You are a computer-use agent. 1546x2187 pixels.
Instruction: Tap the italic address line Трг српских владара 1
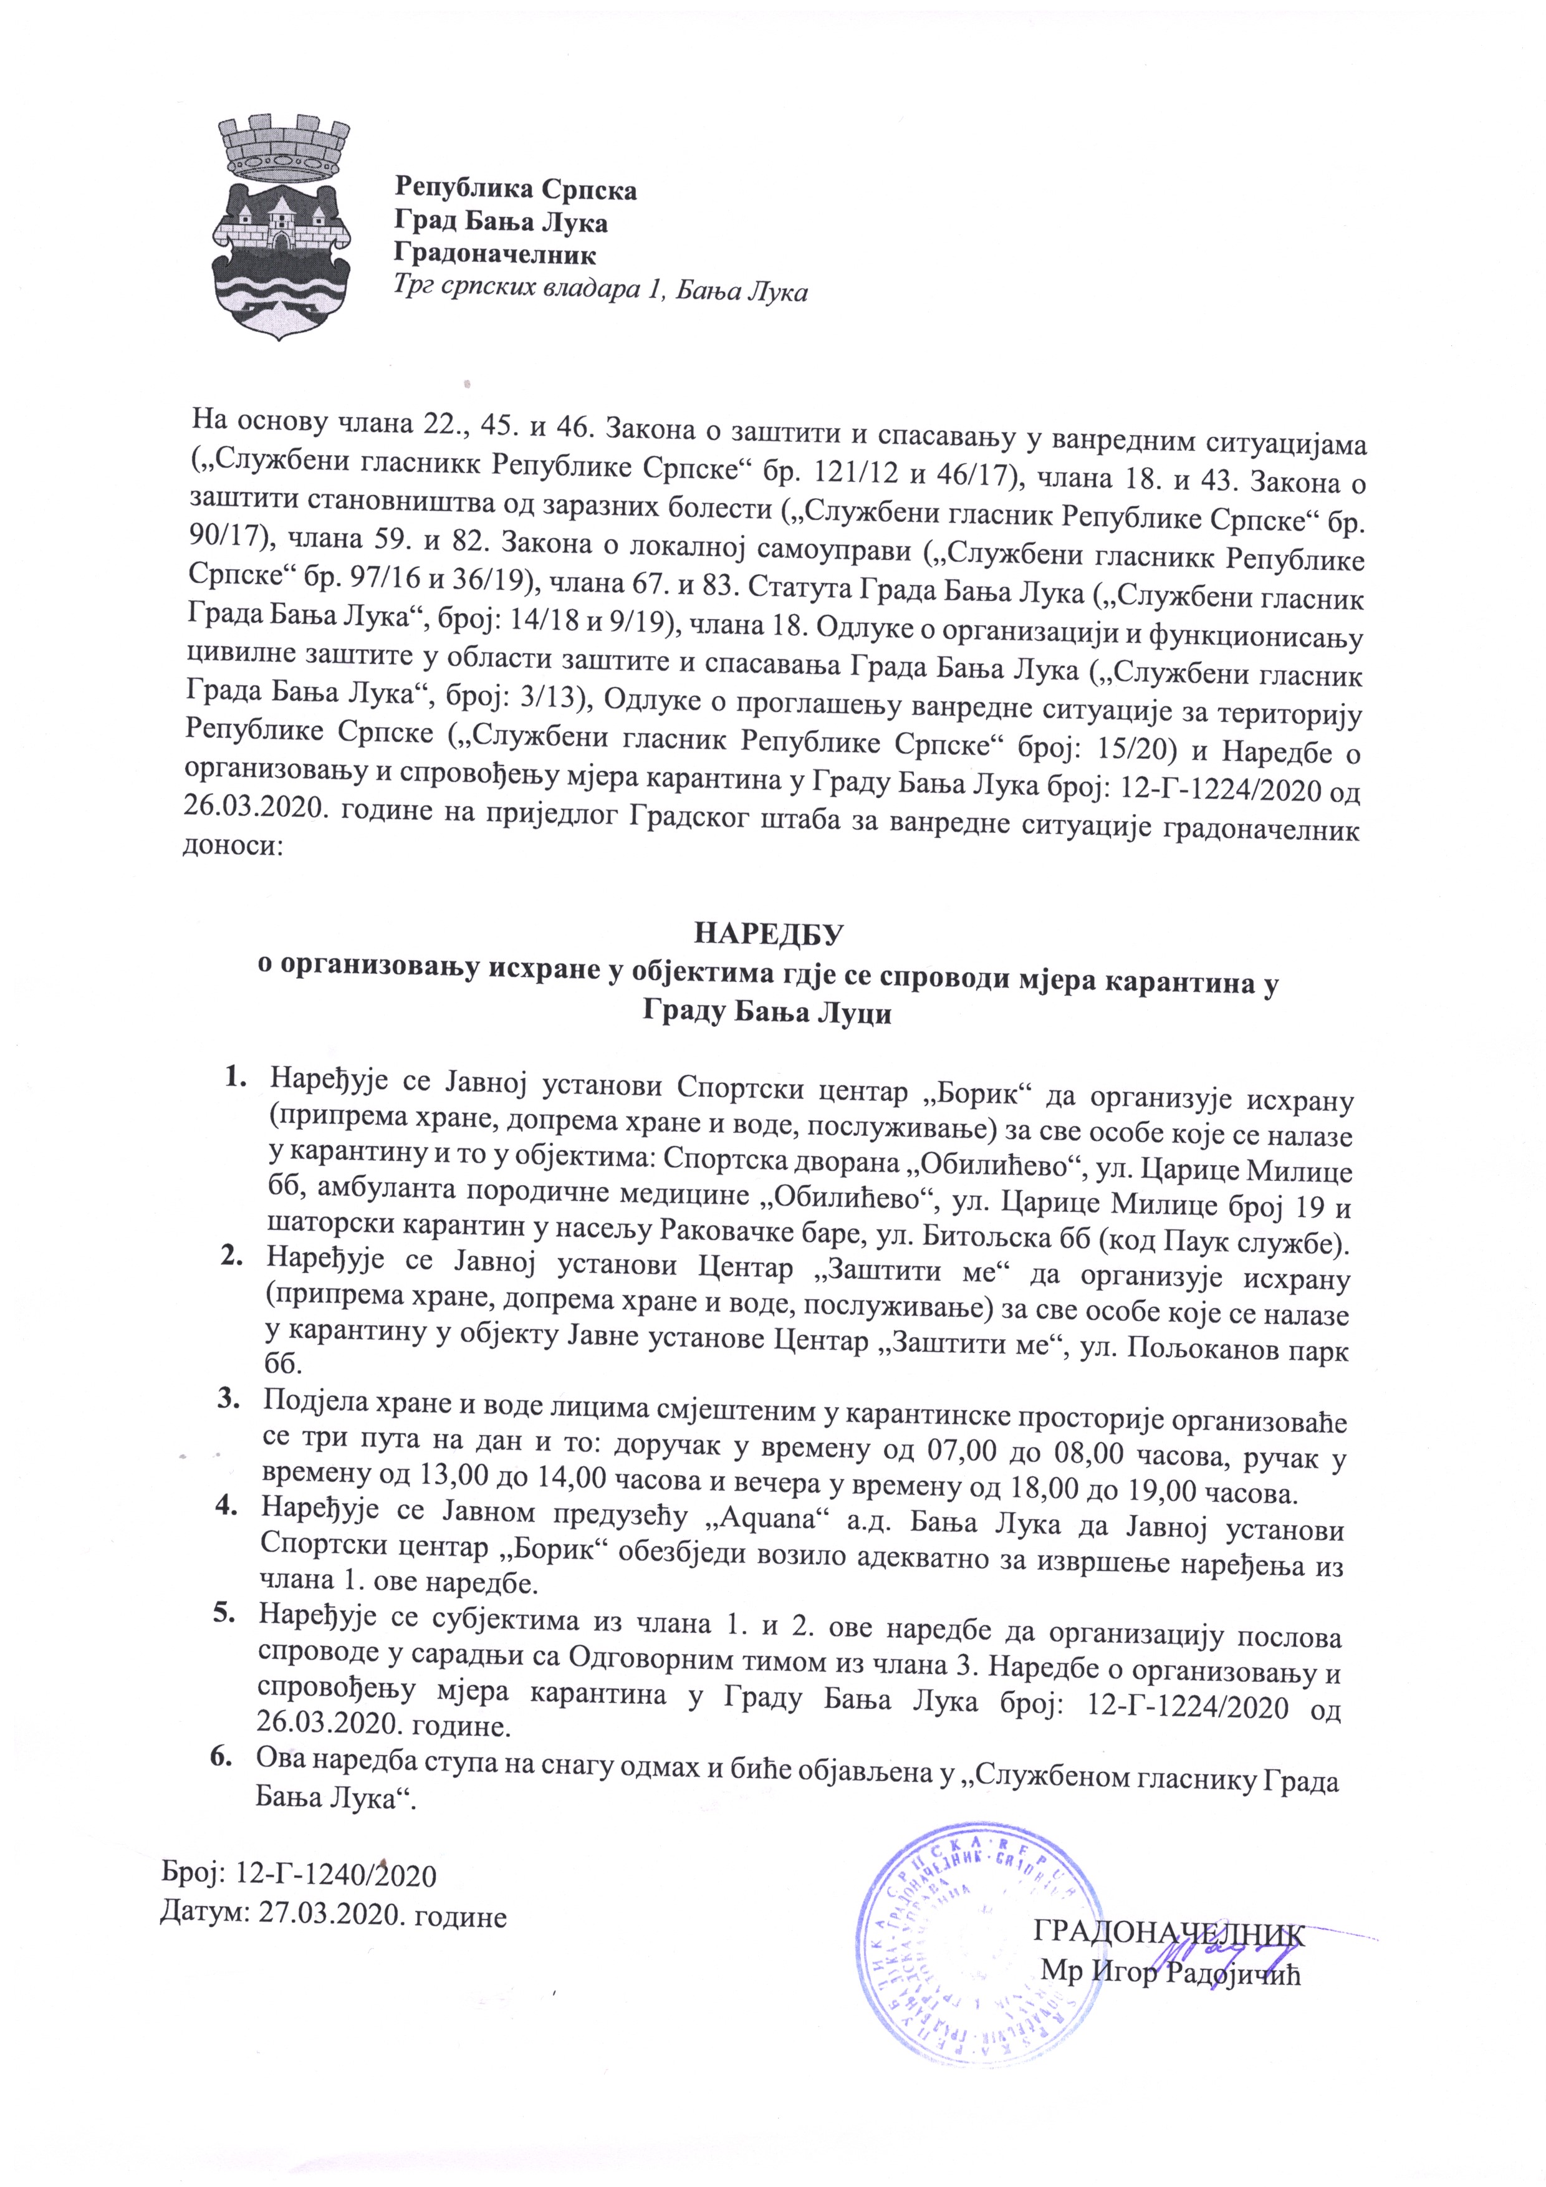point(601,292)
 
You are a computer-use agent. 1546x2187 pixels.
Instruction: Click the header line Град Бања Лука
point(501,223)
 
